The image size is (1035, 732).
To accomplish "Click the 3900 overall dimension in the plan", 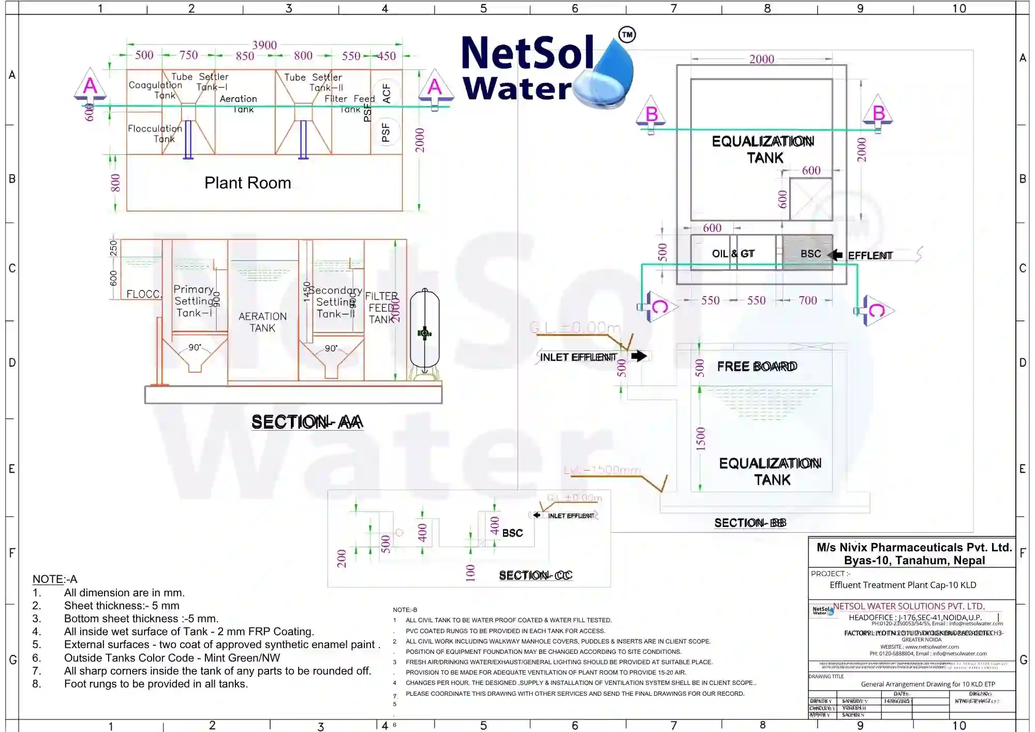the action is point(264,45).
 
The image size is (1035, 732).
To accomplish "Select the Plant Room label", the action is point(247,183).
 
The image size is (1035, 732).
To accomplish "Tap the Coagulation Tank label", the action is point(155,90).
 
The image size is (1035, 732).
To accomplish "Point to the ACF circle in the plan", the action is point(386,93).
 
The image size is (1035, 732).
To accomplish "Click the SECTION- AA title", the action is point(307,422).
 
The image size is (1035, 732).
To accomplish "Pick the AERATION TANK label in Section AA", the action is point(262,321).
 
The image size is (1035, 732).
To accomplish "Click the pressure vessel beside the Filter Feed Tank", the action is point(424,331).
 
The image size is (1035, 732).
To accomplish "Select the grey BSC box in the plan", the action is point(807,253).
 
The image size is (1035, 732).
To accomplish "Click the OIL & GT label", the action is point(733,254).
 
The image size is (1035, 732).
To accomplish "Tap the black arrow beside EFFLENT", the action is point(835,255).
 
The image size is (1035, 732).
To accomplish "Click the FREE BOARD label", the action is point(757,367).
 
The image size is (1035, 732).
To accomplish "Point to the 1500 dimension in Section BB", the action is point(701,438).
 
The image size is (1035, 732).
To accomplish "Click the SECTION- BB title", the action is point(750,523).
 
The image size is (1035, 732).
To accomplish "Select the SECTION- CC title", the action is point(535,575).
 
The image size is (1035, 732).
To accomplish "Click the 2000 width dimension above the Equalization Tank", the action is point(762,59).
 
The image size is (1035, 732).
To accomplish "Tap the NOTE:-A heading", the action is point(55,579).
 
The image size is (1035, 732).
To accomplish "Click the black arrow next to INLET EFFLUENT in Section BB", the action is point(639,356).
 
